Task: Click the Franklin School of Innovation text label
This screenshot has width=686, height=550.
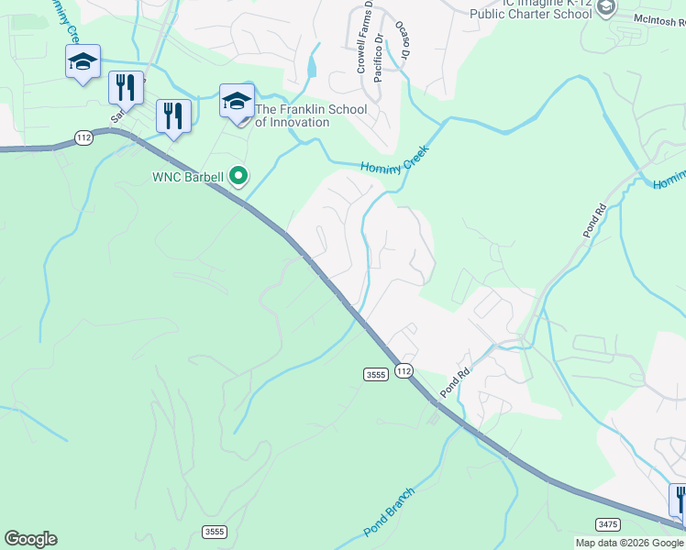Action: click(x=310, y=116)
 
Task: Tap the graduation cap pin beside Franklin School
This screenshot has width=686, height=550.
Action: click(x=237, y=101)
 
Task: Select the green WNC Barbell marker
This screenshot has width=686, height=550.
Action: click(x=238, y=175)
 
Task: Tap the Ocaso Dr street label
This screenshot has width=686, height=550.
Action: click(x=402, y=40)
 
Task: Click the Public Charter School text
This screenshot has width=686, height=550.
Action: click(x=530, y=15)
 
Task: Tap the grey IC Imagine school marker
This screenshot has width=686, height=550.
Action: click(x=606, y=7)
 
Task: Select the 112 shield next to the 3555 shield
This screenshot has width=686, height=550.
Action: click(x=404, y=369)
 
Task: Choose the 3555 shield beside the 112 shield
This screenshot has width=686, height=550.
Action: click(x=375, y=374)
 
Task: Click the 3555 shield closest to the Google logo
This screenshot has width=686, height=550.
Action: click(x=214, y=532)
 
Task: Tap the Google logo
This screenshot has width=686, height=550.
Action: click(x=30, y=539)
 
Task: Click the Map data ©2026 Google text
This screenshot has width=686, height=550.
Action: click(x=629, y=543)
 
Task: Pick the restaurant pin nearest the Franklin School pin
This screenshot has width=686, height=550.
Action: click(x=173, y=116)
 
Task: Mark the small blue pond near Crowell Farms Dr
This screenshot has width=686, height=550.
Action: click(x=314, y=67)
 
